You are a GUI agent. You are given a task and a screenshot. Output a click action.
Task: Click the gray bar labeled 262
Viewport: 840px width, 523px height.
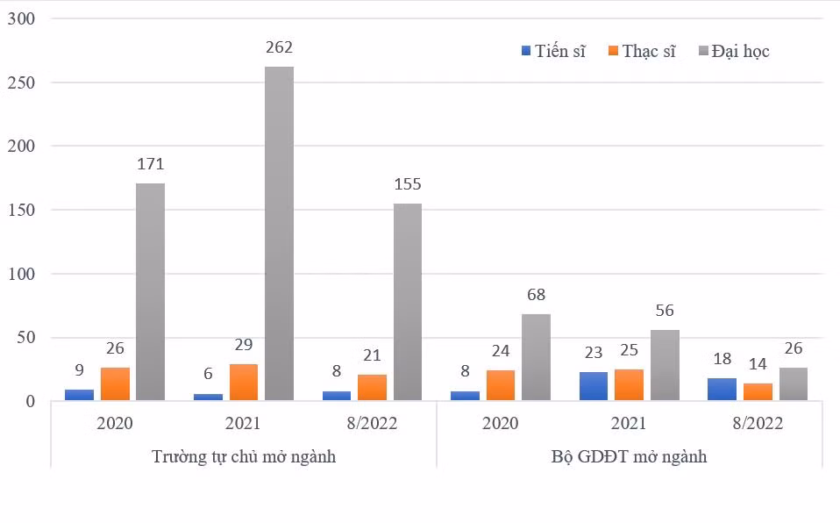pyautogui.click(x=279, y=233)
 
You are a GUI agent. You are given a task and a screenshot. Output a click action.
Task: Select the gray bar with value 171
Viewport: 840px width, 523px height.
pyautogui.click(x=150, y=292)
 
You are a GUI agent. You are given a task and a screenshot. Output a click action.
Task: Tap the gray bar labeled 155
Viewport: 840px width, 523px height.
pyautogui.click(x=408, y=302)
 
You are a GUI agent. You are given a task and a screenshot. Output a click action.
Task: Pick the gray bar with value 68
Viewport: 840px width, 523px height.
pyautogui.click(x=537, y=357)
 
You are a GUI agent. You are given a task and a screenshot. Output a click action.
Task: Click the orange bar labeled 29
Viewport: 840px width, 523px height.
pyautogui.click(x=244, y=382)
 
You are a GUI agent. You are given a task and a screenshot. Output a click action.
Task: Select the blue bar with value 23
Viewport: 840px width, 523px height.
pyautogui.click(x=594, y=386)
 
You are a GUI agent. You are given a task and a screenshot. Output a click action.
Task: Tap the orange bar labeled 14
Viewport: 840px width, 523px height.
pyautogui.click(x=758, y=391)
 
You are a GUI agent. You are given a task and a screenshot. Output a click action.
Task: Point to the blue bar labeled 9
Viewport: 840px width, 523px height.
pyautogui.click(x=79, y=395)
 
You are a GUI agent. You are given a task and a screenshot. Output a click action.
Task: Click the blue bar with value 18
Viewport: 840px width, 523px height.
pyautogui.click(x=723, y=390)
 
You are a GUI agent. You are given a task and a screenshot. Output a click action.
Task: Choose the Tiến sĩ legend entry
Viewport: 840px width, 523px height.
pyautogui.click(x=553, y=51)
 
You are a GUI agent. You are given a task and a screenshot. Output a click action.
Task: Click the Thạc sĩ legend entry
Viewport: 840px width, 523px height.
pyautogui.click(x=642, y=51)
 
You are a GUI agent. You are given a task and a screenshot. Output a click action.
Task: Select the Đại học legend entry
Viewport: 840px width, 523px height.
pyautogui.click(x=734, y=51)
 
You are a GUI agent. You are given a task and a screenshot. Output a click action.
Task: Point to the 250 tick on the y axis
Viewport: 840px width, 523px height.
pyautogui.click(x=21, y=82)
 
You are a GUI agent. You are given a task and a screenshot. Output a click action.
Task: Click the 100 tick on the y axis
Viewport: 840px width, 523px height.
pyautogui.click(x=21, y=274)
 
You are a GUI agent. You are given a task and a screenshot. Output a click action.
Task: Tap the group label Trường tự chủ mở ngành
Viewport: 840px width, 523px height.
pyautogui.click(x=244, y=456)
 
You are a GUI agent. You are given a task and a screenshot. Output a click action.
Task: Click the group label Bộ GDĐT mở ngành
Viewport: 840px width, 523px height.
pyautogui.click(x=629, y=456)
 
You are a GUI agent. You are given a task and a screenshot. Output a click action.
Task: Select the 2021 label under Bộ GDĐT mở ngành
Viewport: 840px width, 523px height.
pyautogui.click(x=629, y=423)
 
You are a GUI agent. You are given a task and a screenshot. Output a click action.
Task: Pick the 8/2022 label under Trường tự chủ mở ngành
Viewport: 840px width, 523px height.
pyautogui.click(x=372, y=423)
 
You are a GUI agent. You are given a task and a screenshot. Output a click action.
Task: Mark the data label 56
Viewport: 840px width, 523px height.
pyautogui.click(x=665, y=310)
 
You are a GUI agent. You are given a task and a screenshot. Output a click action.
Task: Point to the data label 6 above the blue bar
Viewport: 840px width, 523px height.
pyautogui.click(x=208, y=373)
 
